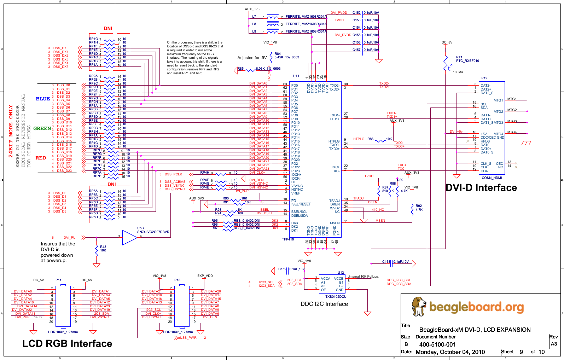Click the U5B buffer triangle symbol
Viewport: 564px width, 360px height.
pyautogui.click(x=129, y=238)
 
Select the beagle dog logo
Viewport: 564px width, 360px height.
pyautogui.click(x=419, y=306)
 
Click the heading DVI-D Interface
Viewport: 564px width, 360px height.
pyautogui.click(x=481, y=188)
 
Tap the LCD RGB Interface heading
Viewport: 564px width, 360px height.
pyautogui.click(x=67, y=344)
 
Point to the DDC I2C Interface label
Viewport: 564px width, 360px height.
pyautogui.click(x=324, y=304)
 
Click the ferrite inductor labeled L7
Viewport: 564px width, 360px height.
pyautogui.click(x=273, y=17)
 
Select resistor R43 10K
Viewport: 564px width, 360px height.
pyautogui.click(x=97, y=250)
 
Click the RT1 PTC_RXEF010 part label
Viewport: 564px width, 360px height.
pyautogui.click(x=467, y=59)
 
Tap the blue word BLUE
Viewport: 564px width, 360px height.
pyautogui.click(x=43, y=99)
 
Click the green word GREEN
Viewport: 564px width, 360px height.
pyautogui.click(x=42, y=129)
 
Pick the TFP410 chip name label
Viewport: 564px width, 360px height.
pyautogui.click(x=288, y=239)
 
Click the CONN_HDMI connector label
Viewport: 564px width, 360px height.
pyautogui.click(x=492, y=178)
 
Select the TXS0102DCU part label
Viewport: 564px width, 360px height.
pyautogui.click(x=336, y=297)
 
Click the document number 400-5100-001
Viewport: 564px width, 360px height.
pyautogui.click(x=437, y=344)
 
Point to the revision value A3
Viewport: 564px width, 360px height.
pyautogui.click(x=554, y=344)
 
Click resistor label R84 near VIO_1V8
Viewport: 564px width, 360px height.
pyautogui.click(x=278, y=54)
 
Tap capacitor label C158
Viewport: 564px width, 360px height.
pyautogui.click(x=386, y=262)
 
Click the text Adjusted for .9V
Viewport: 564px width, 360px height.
pyautogui.click(x=252, y=58)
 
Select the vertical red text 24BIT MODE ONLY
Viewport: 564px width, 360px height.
pyautogui.click(x=11, y=131)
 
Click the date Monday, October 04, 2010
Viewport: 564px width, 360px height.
pyautogui.click(x=450, y=352)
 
